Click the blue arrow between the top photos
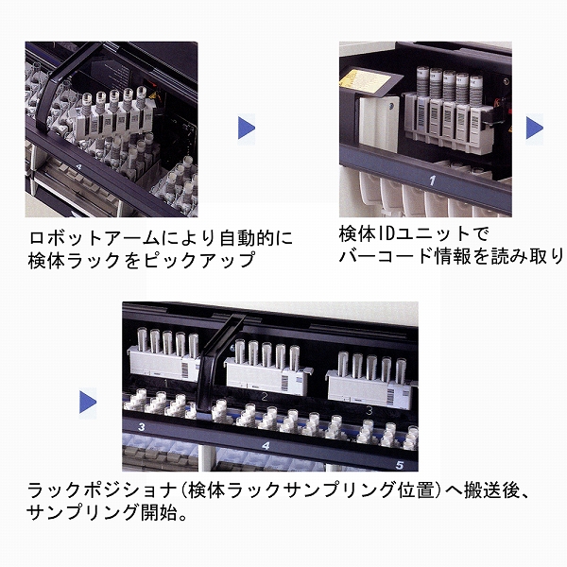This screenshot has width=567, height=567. click(x=247, y=127)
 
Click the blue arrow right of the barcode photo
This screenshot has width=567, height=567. click(x=535, y=127)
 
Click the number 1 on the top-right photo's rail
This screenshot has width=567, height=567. click(x=431, y=179)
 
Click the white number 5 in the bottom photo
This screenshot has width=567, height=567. click(x=400, y=465)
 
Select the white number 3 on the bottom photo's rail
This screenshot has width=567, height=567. click(x=141, y=428)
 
